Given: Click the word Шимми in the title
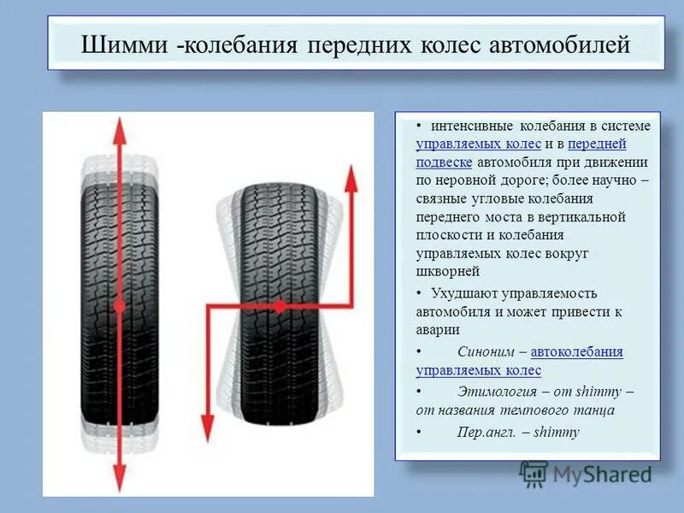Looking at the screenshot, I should point(122,44).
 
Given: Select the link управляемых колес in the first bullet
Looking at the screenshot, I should point(478,144).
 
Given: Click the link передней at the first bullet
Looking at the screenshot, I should point(597,144).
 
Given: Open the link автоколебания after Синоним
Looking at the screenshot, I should point(576,351).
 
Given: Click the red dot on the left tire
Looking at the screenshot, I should point(120,305).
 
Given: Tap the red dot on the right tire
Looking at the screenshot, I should point(279,305).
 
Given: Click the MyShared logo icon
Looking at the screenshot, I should point(534,473).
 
